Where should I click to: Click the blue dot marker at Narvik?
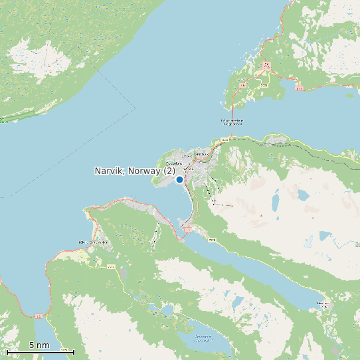pos(179,179)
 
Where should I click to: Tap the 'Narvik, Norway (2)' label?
pos(135,171)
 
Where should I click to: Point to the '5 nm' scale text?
pos(39,345)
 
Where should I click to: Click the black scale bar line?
pos(40,352)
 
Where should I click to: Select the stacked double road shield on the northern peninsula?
pos(266,65)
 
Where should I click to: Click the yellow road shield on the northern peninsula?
pos(264,85)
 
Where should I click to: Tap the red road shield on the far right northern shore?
pos(300,88)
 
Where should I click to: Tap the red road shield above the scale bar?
pos(39,316)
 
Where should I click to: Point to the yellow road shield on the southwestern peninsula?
pos(111,266)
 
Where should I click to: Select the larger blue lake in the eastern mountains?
pos(303,195)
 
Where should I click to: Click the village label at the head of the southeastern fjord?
pos(323,304)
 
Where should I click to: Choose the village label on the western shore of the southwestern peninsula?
pos(92,242)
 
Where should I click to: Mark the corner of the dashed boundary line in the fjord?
pos(135,107)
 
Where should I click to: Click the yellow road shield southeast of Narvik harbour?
pos(212,239)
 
